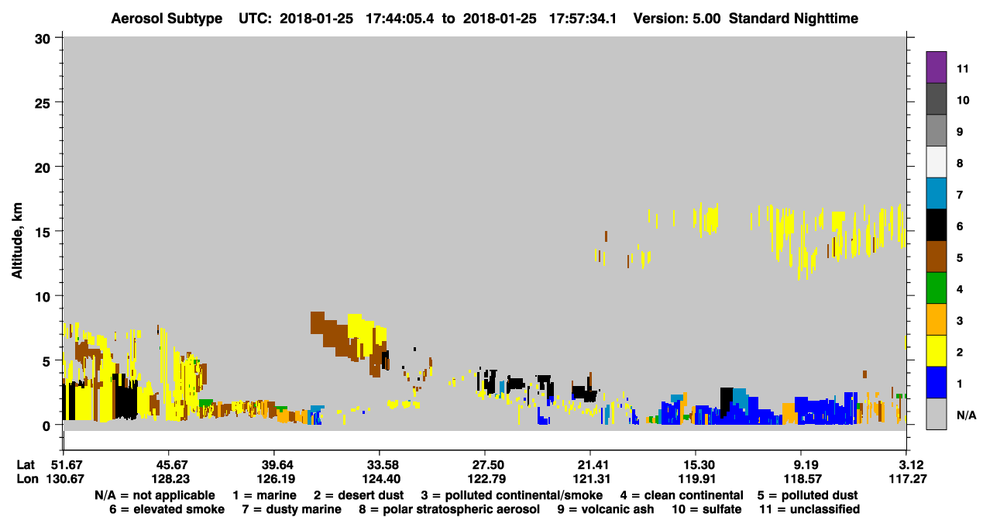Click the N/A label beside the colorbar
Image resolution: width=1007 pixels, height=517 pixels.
tap(966, 415)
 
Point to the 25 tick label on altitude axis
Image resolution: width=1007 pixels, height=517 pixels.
tap(43, 103)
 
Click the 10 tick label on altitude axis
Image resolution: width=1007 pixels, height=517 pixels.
tap(43, 297)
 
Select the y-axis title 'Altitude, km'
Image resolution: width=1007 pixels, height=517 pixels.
tap(16, 241)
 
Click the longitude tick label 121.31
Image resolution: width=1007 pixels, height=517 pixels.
tap(591, 479)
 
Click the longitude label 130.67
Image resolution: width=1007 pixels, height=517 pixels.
tap(65, 479)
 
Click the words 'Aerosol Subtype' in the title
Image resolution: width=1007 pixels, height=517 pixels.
tap(167, 19)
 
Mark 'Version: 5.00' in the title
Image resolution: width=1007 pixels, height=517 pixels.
tap(676, 19)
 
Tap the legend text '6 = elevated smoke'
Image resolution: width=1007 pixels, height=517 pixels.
tap(167, 509)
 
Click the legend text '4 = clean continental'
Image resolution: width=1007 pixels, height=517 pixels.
tap(682, 495)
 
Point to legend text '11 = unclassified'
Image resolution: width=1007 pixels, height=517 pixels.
tap(809, 509)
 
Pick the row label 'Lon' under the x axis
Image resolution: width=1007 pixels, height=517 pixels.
tap(27, 479)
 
